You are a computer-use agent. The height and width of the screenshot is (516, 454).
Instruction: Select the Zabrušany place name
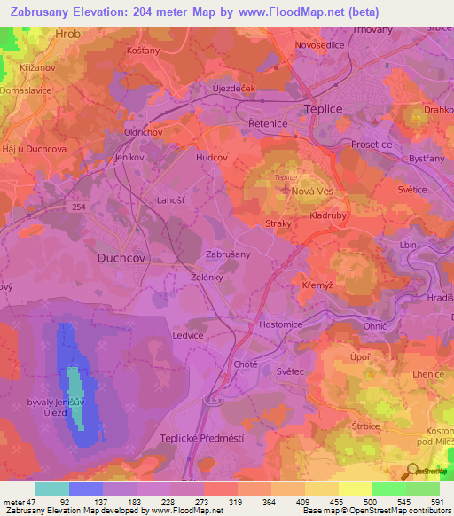(x=228, y=254)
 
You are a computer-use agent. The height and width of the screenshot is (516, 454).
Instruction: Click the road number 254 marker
(x=81, y=206)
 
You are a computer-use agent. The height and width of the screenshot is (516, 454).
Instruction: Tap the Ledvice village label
(x=188, y=336)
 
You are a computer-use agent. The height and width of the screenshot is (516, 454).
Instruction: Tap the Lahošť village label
(x=170, y=201)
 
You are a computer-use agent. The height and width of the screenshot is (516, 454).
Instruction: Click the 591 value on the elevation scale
(x=434, y=502)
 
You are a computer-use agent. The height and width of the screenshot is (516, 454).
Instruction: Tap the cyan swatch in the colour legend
(x=52, y=489)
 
